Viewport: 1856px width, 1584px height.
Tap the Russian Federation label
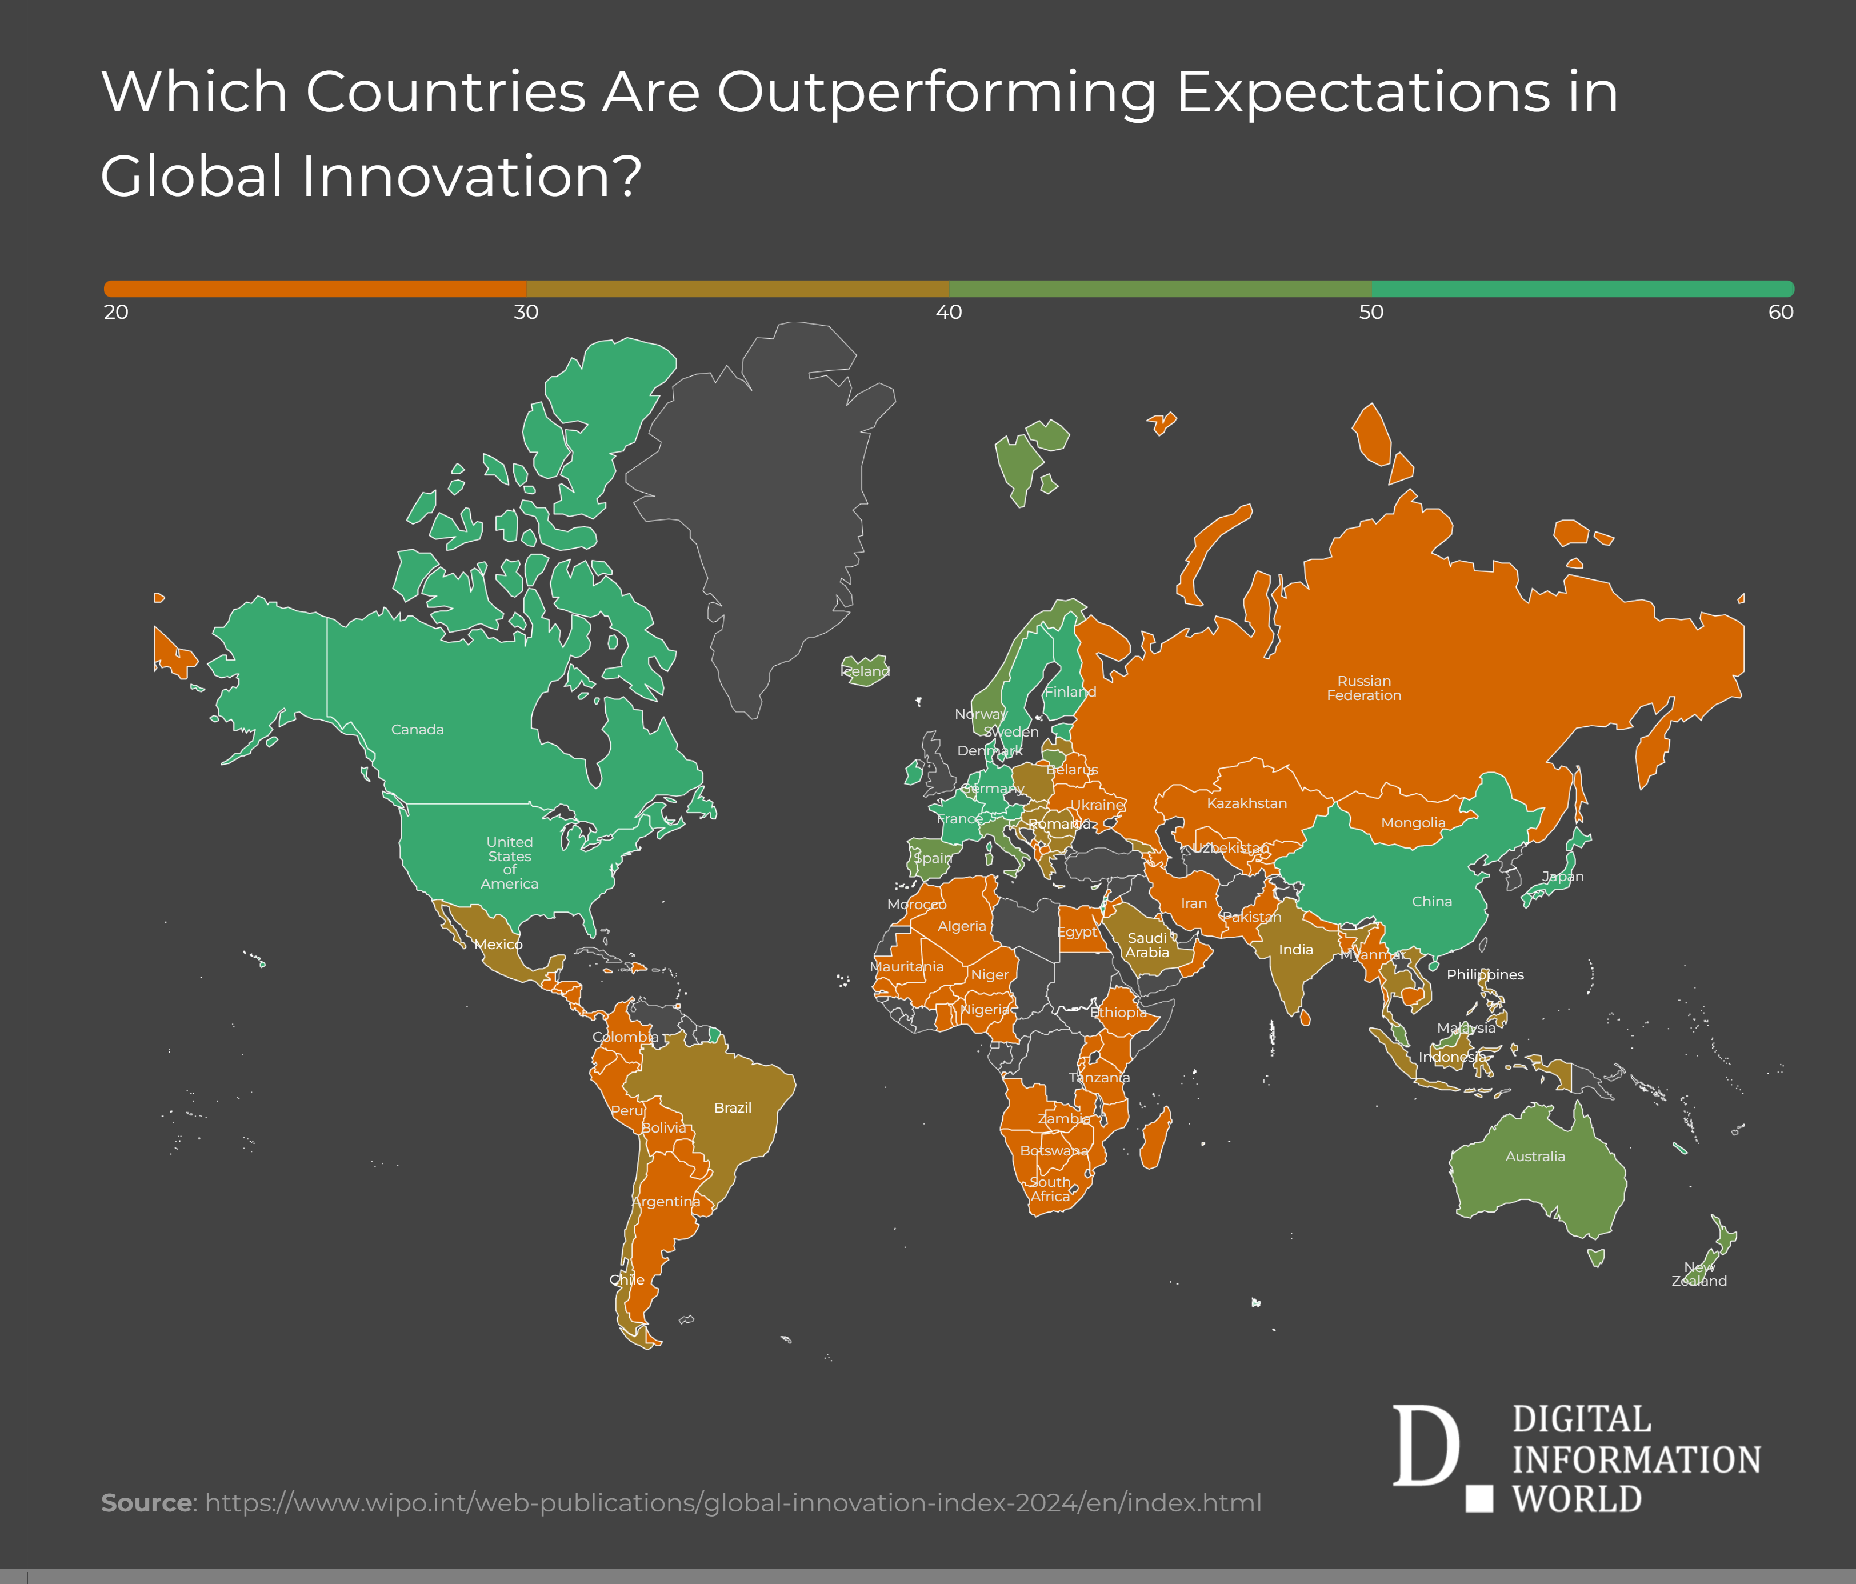pos(1363,688)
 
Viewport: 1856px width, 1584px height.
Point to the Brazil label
pos(732,1108)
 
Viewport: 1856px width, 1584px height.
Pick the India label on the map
pos(1295,950)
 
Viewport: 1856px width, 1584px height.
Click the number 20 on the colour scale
pos(117,312)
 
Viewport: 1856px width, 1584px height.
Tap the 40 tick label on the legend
pos(949,312)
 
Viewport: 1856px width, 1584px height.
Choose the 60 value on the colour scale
pos(1780,312)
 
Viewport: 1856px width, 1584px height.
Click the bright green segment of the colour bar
pos(1581,289)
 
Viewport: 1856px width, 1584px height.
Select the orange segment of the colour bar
pos(315,289)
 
